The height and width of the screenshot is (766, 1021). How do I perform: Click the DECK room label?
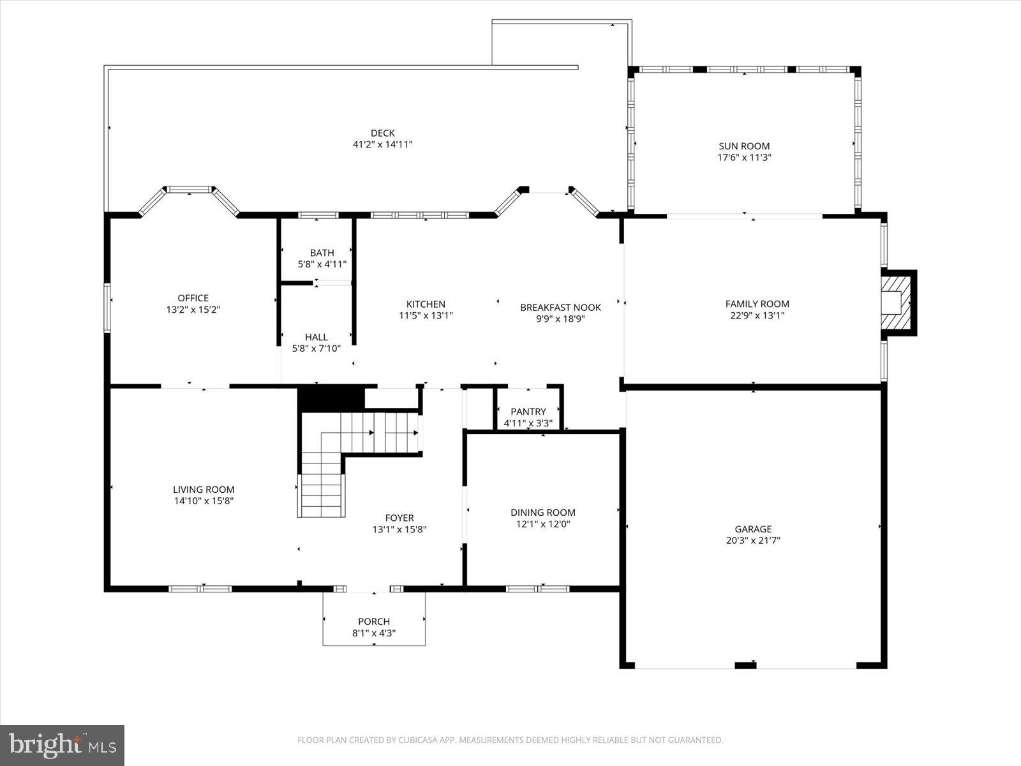click(382, 133)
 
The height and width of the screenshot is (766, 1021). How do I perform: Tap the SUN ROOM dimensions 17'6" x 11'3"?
click(744, 157)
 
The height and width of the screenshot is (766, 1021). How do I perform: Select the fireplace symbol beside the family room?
click(898, 303)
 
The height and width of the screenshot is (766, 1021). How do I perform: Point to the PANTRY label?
click(528, 412)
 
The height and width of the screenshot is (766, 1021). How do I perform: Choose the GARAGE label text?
click(753, 529)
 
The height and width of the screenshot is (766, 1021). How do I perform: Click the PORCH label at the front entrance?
click(374, 621)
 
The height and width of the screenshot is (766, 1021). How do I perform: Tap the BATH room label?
click(322, 253)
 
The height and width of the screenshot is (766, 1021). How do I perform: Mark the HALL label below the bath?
click(316, 337)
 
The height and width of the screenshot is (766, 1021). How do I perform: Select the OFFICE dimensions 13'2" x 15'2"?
click(193, 310)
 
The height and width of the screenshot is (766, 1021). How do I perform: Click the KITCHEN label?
click(426, 304)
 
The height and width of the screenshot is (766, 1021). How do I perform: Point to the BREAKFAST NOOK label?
click(560, 307)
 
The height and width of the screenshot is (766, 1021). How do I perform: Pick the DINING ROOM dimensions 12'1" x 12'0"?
click(542, 524)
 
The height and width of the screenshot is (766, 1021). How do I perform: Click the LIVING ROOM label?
click(204, 490)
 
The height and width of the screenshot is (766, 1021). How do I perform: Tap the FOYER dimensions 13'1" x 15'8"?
click(399, 529)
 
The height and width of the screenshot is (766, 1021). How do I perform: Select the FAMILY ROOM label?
click(757, 304)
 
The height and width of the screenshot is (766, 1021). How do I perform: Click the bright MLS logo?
click(62, 745)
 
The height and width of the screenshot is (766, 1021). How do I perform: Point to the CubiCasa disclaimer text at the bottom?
click(510, 740)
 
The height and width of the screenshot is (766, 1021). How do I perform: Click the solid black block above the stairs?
click(331, 399)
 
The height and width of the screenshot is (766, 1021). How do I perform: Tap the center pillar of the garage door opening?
click(745, 665)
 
